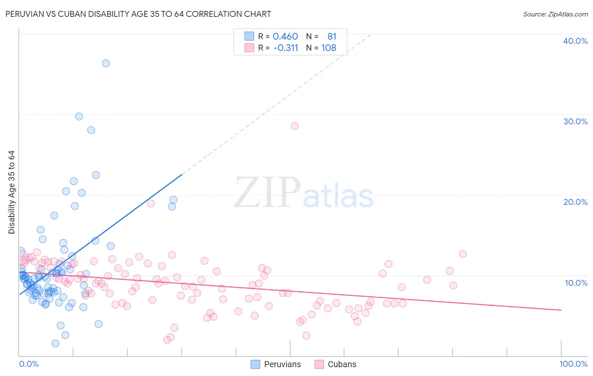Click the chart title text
(138, 14)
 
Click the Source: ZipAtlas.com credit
(555, 14)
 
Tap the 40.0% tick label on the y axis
(575, 41)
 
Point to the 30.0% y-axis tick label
(575, 121)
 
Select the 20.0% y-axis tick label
(575, 202)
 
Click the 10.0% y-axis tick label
(575, 282)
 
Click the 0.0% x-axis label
(29, 364)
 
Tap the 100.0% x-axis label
(573, 364)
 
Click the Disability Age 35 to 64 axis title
(11, 192)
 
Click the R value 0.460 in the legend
(285, 37)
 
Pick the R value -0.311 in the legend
(286, 48)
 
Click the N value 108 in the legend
(329, 48)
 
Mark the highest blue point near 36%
(106, 63)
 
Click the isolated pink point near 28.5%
(295, 126)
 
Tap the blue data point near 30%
(79, 116)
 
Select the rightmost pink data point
(463, 254)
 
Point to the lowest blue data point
(55, 344)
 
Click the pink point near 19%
(151, 203)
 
